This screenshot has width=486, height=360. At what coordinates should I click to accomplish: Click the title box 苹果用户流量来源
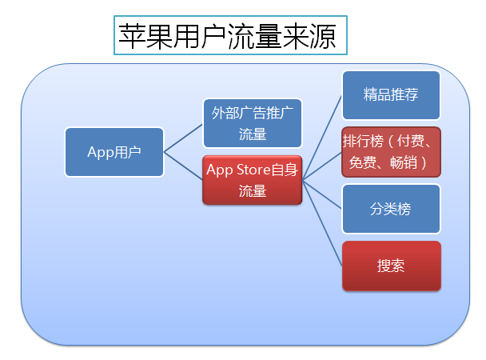pyautogui.click(x=230, y=35)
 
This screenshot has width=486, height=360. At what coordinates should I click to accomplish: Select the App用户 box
pyautogui.click(x=114, y=152)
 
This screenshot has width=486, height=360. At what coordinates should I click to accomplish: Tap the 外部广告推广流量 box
pyautogui.click(x=253, y=123)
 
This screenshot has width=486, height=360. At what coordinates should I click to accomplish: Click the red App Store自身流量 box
pyautogui.click(x=253, y=180)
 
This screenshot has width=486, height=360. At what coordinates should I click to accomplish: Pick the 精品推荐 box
pyautogui.click(x=391, y=95)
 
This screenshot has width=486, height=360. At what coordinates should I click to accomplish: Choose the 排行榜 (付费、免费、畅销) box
pyautogui.click(x=391, y=152)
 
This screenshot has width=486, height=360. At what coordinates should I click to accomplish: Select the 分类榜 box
pyautogui.click(x=391, y=209)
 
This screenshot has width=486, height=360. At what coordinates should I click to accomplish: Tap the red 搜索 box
pyautogui.click(x=392, y=266)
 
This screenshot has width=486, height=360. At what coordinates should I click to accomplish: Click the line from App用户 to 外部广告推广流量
pyautogui.click(x=183, y=138)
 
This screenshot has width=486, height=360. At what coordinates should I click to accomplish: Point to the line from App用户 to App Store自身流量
pyautogui.click(x=183, y=166)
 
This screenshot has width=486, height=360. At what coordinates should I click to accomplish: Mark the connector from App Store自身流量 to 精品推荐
pyautogui.click(x=322, y=138)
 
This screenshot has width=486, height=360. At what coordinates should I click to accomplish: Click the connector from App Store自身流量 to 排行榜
pyautogui.click(x=322, y=166)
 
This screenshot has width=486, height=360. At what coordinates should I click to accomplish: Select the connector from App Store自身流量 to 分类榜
pyautogui.click(x=322, y=194)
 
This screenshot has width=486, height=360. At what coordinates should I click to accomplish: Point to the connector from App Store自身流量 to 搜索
pyautogui.click(x=322, y=222)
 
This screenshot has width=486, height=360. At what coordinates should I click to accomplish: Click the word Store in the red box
pyautogui.click(x=253, y=170)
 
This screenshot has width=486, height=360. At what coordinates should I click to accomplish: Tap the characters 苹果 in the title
pyautogui.click(x=145, y=36)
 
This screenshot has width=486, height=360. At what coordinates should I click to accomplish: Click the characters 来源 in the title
pyautogui.click(x=309, y=36)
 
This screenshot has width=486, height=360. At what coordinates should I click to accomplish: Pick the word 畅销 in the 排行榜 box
pyautogui.click(x=403, y=162)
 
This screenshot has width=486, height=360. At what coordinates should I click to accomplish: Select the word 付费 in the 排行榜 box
pyautogui.click(x=410, y=141)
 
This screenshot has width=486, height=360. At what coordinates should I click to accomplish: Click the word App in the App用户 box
pyautogui.click(x=101, y=153)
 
